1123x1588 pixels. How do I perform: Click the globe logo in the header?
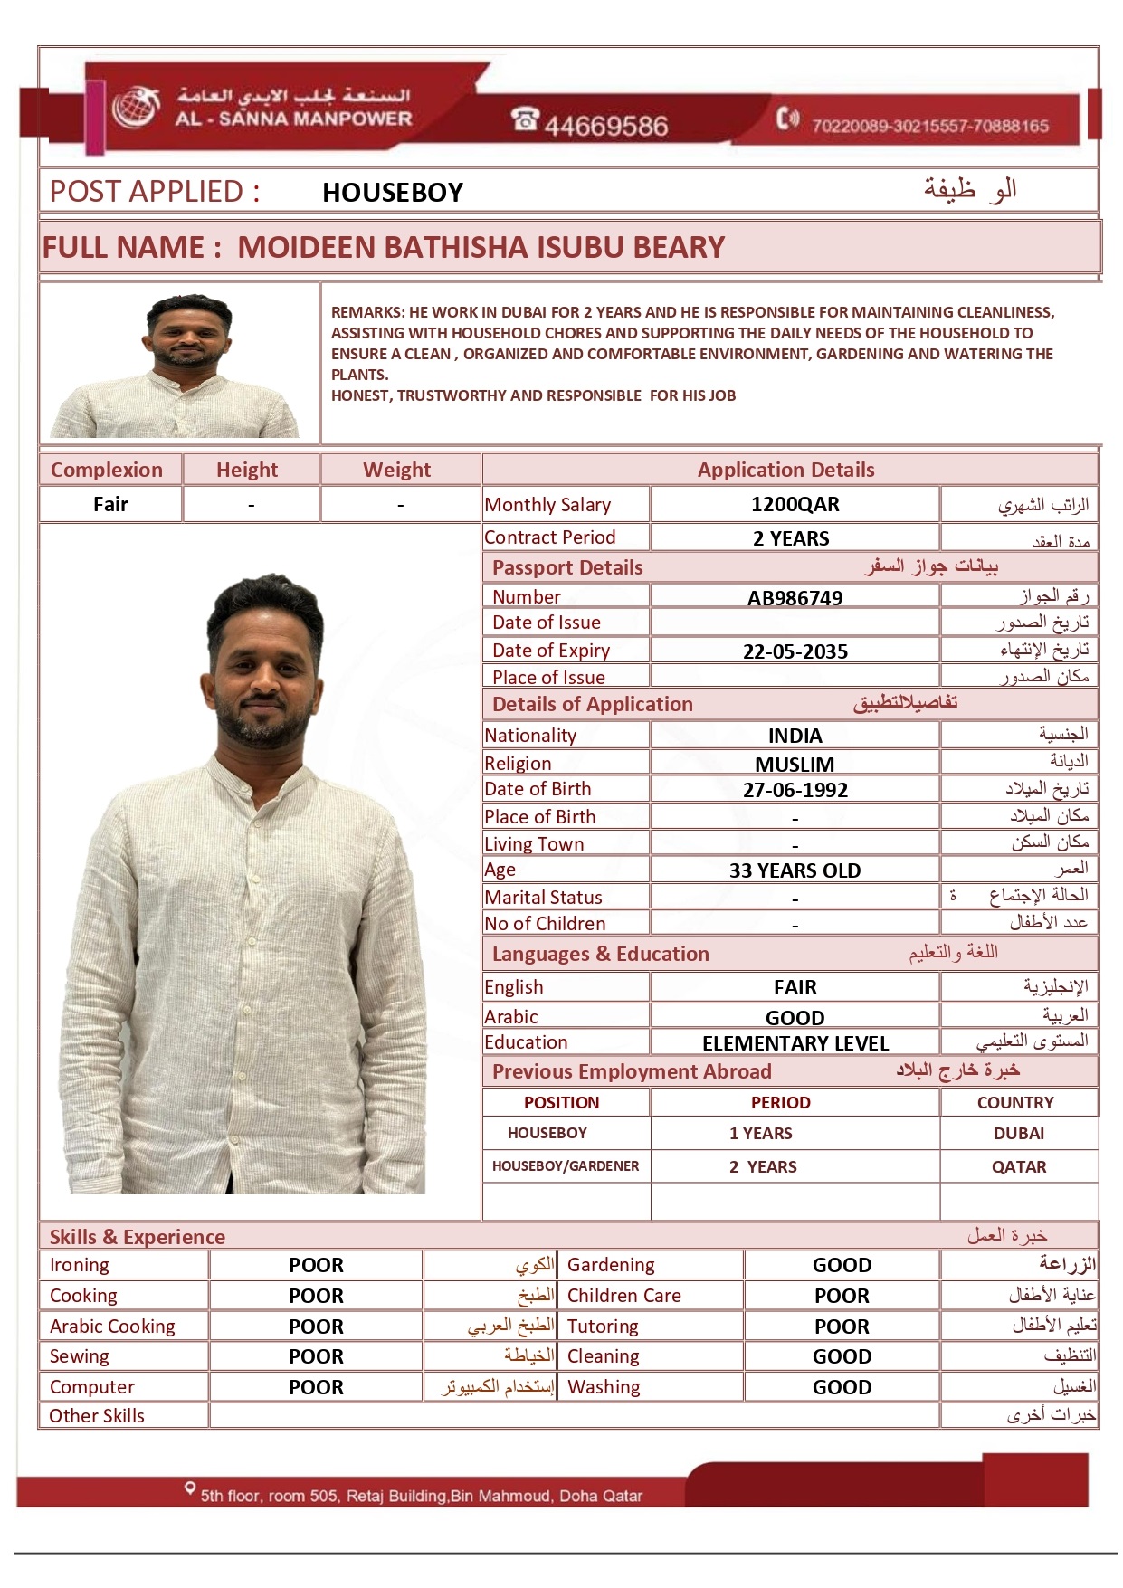[136, 108]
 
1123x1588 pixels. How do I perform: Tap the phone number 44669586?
[605, 126]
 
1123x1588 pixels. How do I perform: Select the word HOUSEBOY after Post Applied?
[393, 193]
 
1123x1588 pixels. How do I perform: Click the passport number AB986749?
[795, 598]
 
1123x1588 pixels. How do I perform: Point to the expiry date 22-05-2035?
[795, 651]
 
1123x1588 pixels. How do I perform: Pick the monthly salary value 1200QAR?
[795, 505]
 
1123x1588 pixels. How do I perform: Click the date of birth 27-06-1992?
[795, 790]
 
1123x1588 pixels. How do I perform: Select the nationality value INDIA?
[795, 737]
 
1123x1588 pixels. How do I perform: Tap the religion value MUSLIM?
[795, 765]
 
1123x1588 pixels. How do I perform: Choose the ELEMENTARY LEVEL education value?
[795, 1043]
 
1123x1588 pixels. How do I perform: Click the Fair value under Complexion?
[110, 505]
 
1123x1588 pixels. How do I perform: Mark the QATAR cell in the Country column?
[1018, 1167]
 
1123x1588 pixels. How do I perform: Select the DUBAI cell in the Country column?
[1018, 1134]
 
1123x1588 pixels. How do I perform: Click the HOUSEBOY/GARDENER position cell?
[565, 1166]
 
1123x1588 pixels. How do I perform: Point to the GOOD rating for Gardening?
[842, 1266]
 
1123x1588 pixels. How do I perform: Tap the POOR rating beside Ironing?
[316, 1266]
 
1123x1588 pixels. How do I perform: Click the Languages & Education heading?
[600, 955]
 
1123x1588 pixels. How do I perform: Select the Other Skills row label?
[97, 1416]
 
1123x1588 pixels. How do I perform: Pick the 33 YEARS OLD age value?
[795, 870]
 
